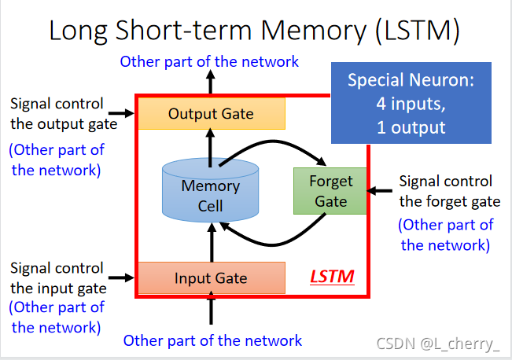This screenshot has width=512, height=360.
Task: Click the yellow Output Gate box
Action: [211, 114]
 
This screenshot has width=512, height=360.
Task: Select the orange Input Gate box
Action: [211, 277]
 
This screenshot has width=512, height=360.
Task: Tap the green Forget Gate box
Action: [330, 191]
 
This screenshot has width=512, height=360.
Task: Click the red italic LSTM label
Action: [331, 277]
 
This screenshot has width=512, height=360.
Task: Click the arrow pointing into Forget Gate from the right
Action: [381, 190]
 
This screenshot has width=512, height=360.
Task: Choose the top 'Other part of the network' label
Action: [209, 61]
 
